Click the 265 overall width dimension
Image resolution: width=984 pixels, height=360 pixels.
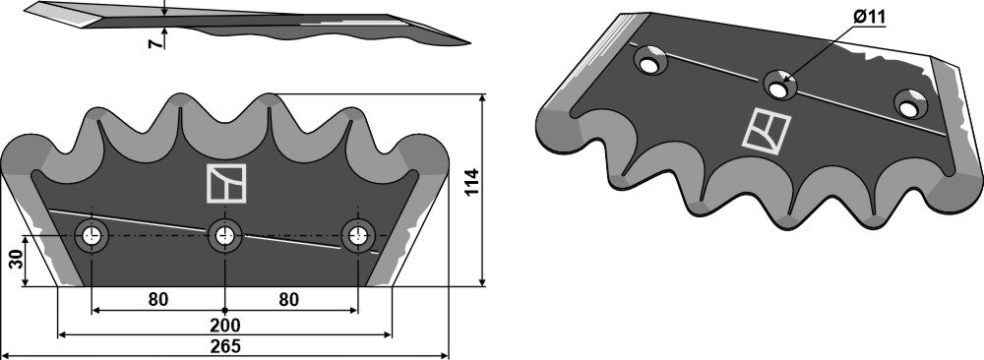[225, 346]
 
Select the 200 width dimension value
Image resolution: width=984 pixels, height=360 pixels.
[225, 324]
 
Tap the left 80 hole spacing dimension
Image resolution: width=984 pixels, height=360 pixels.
[157, 299]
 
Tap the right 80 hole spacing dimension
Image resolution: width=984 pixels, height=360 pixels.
[288, 299]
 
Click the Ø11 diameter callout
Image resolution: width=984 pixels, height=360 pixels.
[865, 18]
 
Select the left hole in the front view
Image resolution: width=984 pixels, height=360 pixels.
[92, 236]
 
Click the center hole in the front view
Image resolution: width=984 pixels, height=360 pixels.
[225, 236]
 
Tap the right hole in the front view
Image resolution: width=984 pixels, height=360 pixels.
[357, 236]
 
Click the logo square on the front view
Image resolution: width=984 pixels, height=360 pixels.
[225, 183]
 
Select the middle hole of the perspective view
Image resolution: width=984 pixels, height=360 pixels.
[782, 85]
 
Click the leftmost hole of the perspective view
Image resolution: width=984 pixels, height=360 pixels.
[651, 62]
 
